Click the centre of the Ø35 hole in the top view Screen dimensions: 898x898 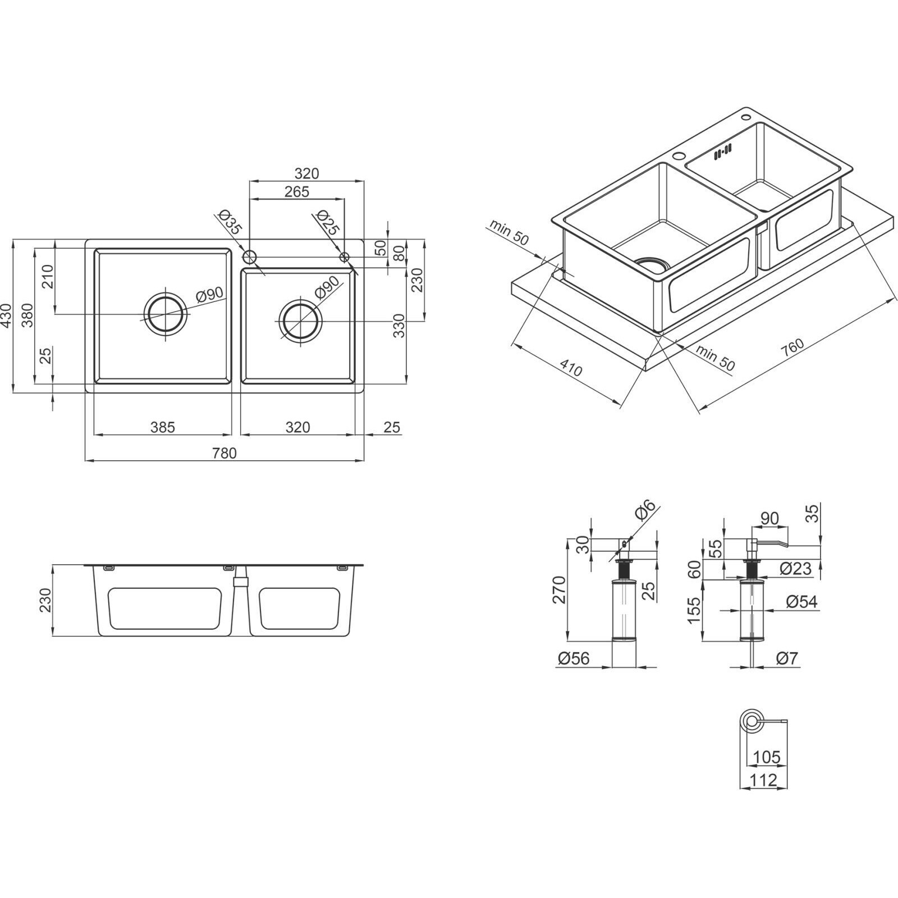pos(249,257)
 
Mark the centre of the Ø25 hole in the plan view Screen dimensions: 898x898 pos(345,257)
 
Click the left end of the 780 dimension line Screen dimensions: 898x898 pos(85,460)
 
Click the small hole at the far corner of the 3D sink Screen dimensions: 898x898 pos(747,117)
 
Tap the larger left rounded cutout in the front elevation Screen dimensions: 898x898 pos(163,608)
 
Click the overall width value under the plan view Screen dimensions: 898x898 pos(224,452)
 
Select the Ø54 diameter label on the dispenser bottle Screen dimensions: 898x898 pos(802,602)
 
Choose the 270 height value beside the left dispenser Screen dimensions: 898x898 pos(559,589)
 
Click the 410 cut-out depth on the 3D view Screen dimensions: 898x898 pos(571,369)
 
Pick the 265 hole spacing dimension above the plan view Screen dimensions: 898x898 pos(296,191)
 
